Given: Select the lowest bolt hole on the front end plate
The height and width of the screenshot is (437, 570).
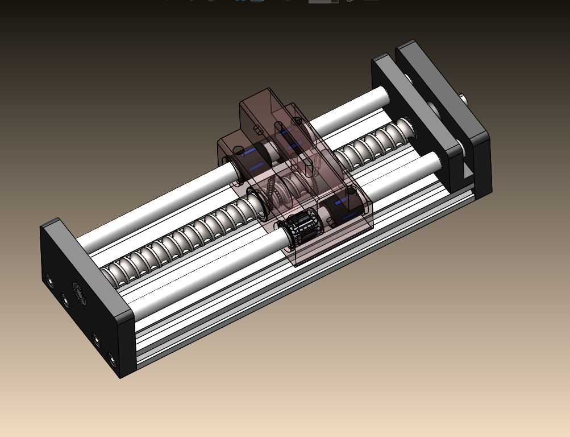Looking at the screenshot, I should pos(112,360).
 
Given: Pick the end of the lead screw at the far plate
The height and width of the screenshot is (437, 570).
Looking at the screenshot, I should pos(404,127).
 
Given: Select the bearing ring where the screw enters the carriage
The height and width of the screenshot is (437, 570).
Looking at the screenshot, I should pos(259,205).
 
